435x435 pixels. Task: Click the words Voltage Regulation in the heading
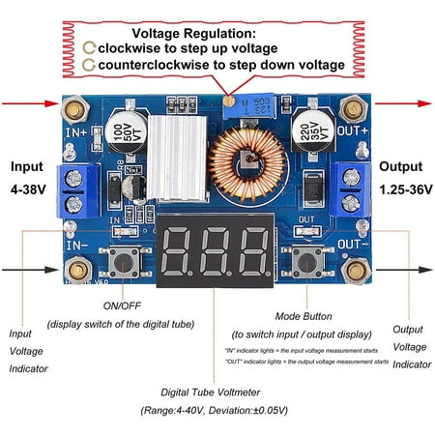pos(217,32)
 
